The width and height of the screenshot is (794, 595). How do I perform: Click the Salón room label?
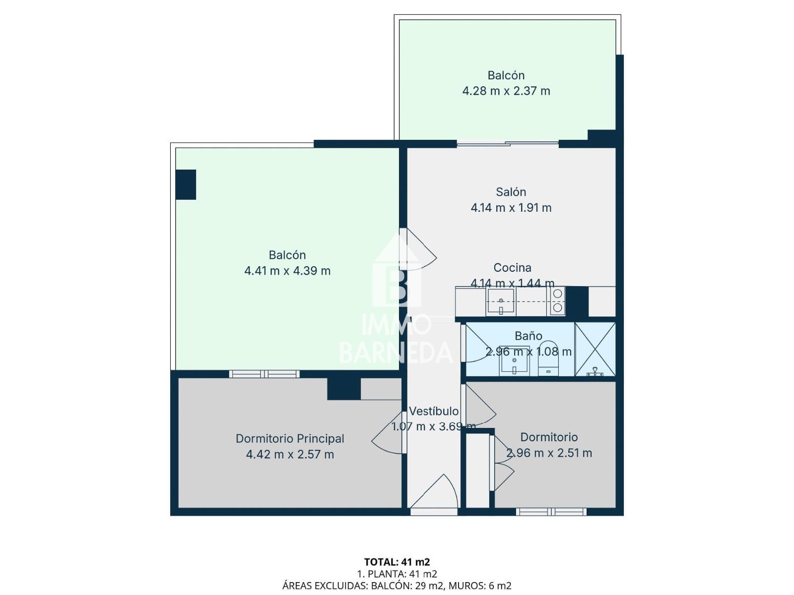pos(511,192)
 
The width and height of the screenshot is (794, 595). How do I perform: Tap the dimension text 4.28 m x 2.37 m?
pos(506,91)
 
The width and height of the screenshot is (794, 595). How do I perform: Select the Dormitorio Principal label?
pos(289,439)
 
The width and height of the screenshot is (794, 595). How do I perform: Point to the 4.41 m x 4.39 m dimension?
pos(287,271)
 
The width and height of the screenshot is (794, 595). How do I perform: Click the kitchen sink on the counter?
pos(501,300)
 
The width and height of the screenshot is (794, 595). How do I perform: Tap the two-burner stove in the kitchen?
pos(557,300)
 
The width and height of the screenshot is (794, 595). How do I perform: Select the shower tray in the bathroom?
pos(595,349)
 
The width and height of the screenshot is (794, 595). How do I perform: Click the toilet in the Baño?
pos(548,358)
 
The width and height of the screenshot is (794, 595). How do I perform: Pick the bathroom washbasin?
pos(515,361)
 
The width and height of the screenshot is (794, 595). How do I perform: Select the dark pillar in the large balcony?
pos(186,184)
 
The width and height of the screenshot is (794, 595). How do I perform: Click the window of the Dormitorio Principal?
pos(264,374)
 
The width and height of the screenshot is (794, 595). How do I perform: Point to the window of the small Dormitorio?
pos(551,512)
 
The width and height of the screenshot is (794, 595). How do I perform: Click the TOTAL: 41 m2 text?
pos(397,562)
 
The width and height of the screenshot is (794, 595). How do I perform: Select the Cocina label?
pos(512,268)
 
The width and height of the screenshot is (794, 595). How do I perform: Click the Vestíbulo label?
pos(434,411)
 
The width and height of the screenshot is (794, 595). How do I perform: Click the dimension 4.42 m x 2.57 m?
pos(290,454)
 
